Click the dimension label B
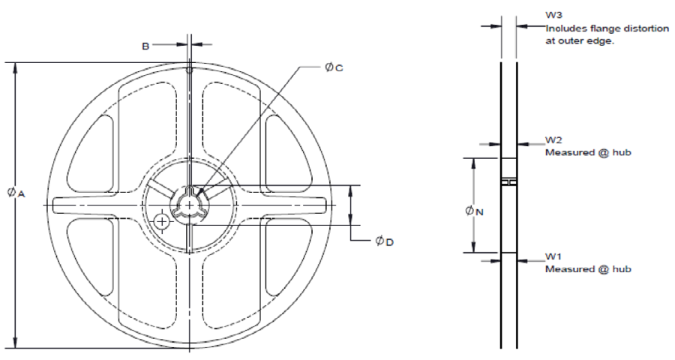click(145, 46)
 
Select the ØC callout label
click(334, 67)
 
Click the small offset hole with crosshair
click(161, 220)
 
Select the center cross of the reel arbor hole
click(190, 204)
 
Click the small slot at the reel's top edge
click(190, 70)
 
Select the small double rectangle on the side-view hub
click(508, 182)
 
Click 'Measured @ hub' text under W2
click(587, 152)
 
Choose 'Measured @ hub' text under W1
click(587, 269)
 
